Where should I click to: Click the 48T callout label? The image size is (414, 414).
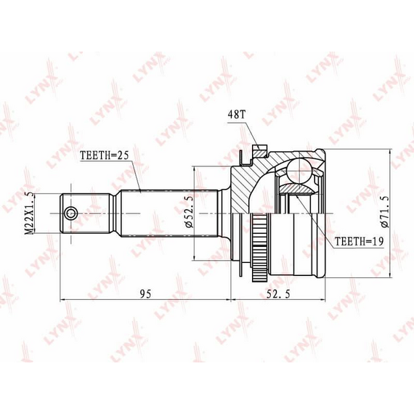(x=236, y=114)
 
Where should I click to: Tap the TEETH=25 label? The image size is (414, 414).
(x=105, y=155)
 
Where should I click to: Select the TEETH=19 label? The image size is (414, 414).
(x=359, y=241)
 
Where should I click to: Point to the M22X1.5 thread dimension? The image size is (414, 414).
(x=30, y=213)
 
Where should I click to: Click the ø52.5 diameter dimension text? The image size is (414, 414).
(x=190, y=212)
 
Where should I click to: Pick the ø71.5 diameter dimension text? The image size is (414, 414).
(x=385, y=212)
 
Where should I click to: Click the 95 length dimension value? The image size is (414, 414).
(x=146, y=294)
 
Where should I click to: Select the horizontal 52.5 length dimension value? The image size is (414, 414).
(x=278, y=294)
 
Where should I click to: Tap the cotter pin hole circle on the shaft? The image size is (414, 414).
(x=71, y=214)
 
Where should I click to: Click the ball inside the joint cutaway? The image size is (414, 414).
(x=299, y=170)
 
